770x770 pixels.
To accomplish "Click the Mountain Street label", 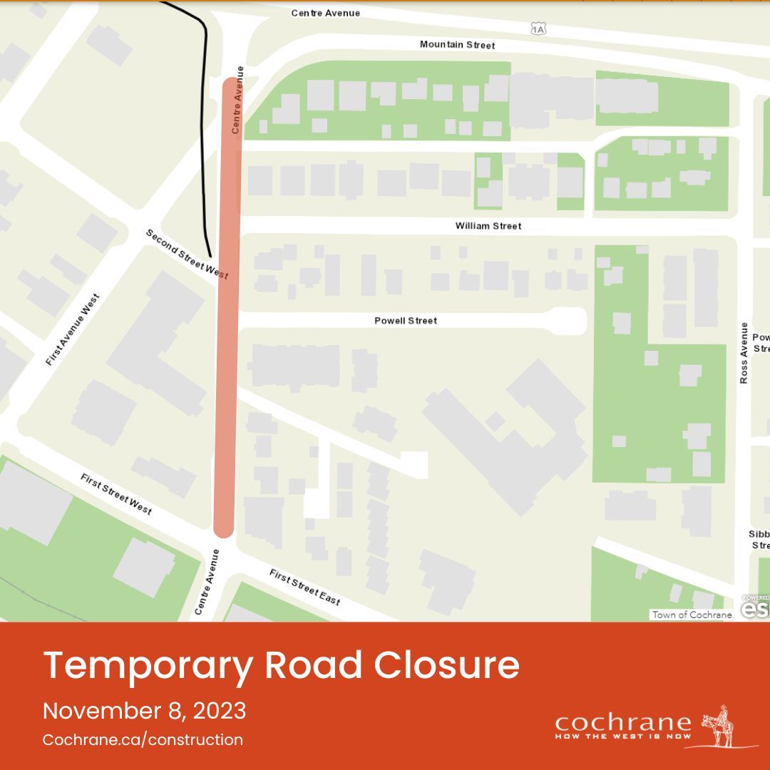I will [457, 45].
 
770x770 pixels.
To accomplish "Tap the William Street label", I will [488, 226].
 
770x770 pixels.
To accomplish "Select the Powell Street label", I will [406, 321].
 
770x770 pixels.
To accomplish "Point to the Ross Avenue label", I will [744, 353].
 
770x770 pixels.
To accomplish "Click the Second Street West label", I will [187, 254].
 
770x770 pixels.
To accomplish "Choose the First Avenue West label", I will [72, 329].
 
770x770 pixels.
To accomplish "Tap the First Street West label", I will [115, 493].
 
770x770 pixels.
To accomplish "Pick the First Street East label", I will [304, 587].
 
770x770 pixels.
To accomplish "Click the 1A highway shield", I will [538, 29].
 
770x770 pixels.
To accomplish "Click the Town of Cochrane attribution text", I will [692, 615].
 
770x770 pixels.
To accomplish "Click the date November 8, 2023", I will [145, 711].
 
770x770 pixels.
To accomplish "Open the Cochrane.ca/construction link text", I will [143, 740].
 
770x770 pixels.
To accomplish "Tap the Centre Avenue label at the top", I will [325, 13].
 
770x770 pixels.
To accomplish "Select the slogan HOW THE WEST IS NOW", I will [622, 736].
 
